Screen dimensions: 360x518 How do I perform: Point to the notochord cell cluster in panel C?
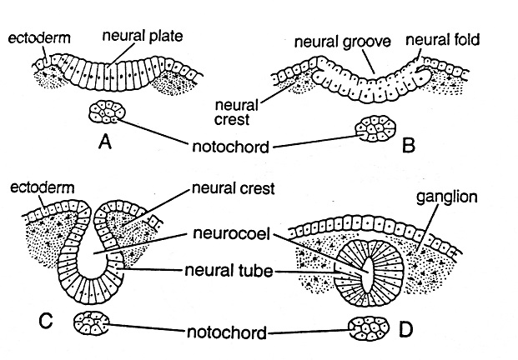coord(93,322)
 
